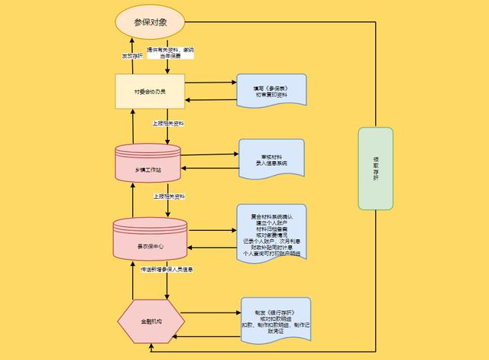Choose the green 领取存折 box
tap(375, 169)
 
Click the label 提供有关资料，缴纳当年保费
tap(170, 53)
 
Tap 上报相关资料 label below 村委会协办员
tap(168, 122)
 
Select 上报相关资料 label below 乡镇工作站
tap(168, 196)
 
